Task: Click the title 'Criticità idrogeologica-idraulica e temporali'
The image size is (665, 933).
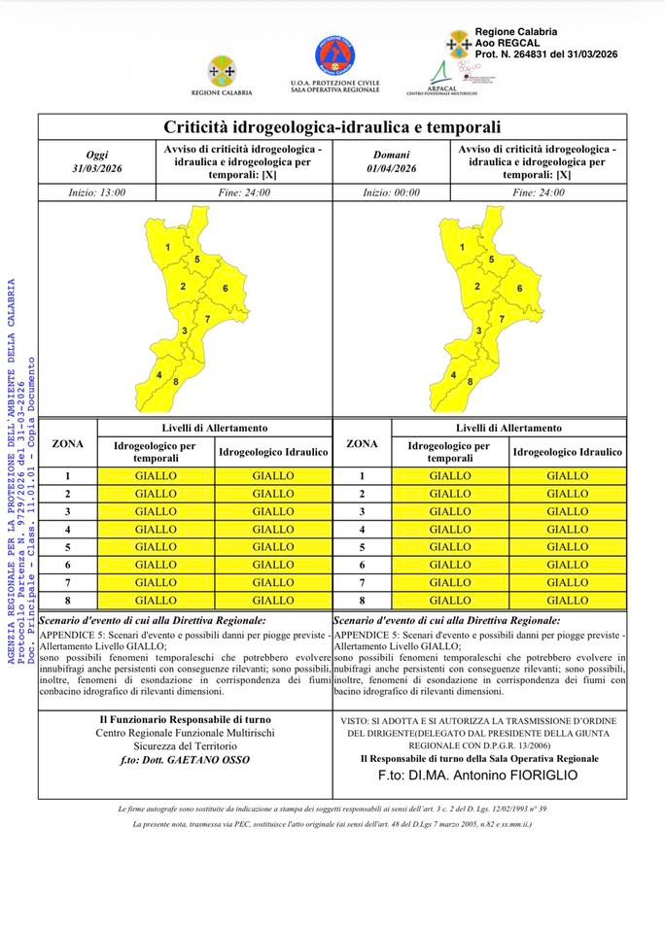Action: [332, 127]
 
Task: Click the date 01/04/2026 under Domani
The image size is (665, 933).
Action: [392, 168]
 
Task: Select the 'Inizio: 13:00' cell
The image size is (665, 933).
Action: [97, 192]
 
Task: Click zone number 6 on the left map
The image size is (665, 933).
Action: [225, 289]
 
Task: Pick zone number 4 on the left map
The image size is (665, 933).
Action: [158, 374]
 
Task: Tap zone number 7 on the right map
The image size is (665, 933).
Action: [502, 319]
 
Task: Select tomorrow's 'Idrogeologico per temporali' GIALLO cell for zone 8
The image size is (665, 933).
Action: [450, 601]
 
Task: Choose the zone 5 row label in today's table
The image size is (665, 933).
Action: [67, 547]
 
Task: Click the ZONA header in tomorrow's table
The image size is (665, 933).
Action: [362, 444]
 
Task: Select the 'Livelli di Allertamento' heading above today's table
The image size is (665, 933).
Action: [214, 428]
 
